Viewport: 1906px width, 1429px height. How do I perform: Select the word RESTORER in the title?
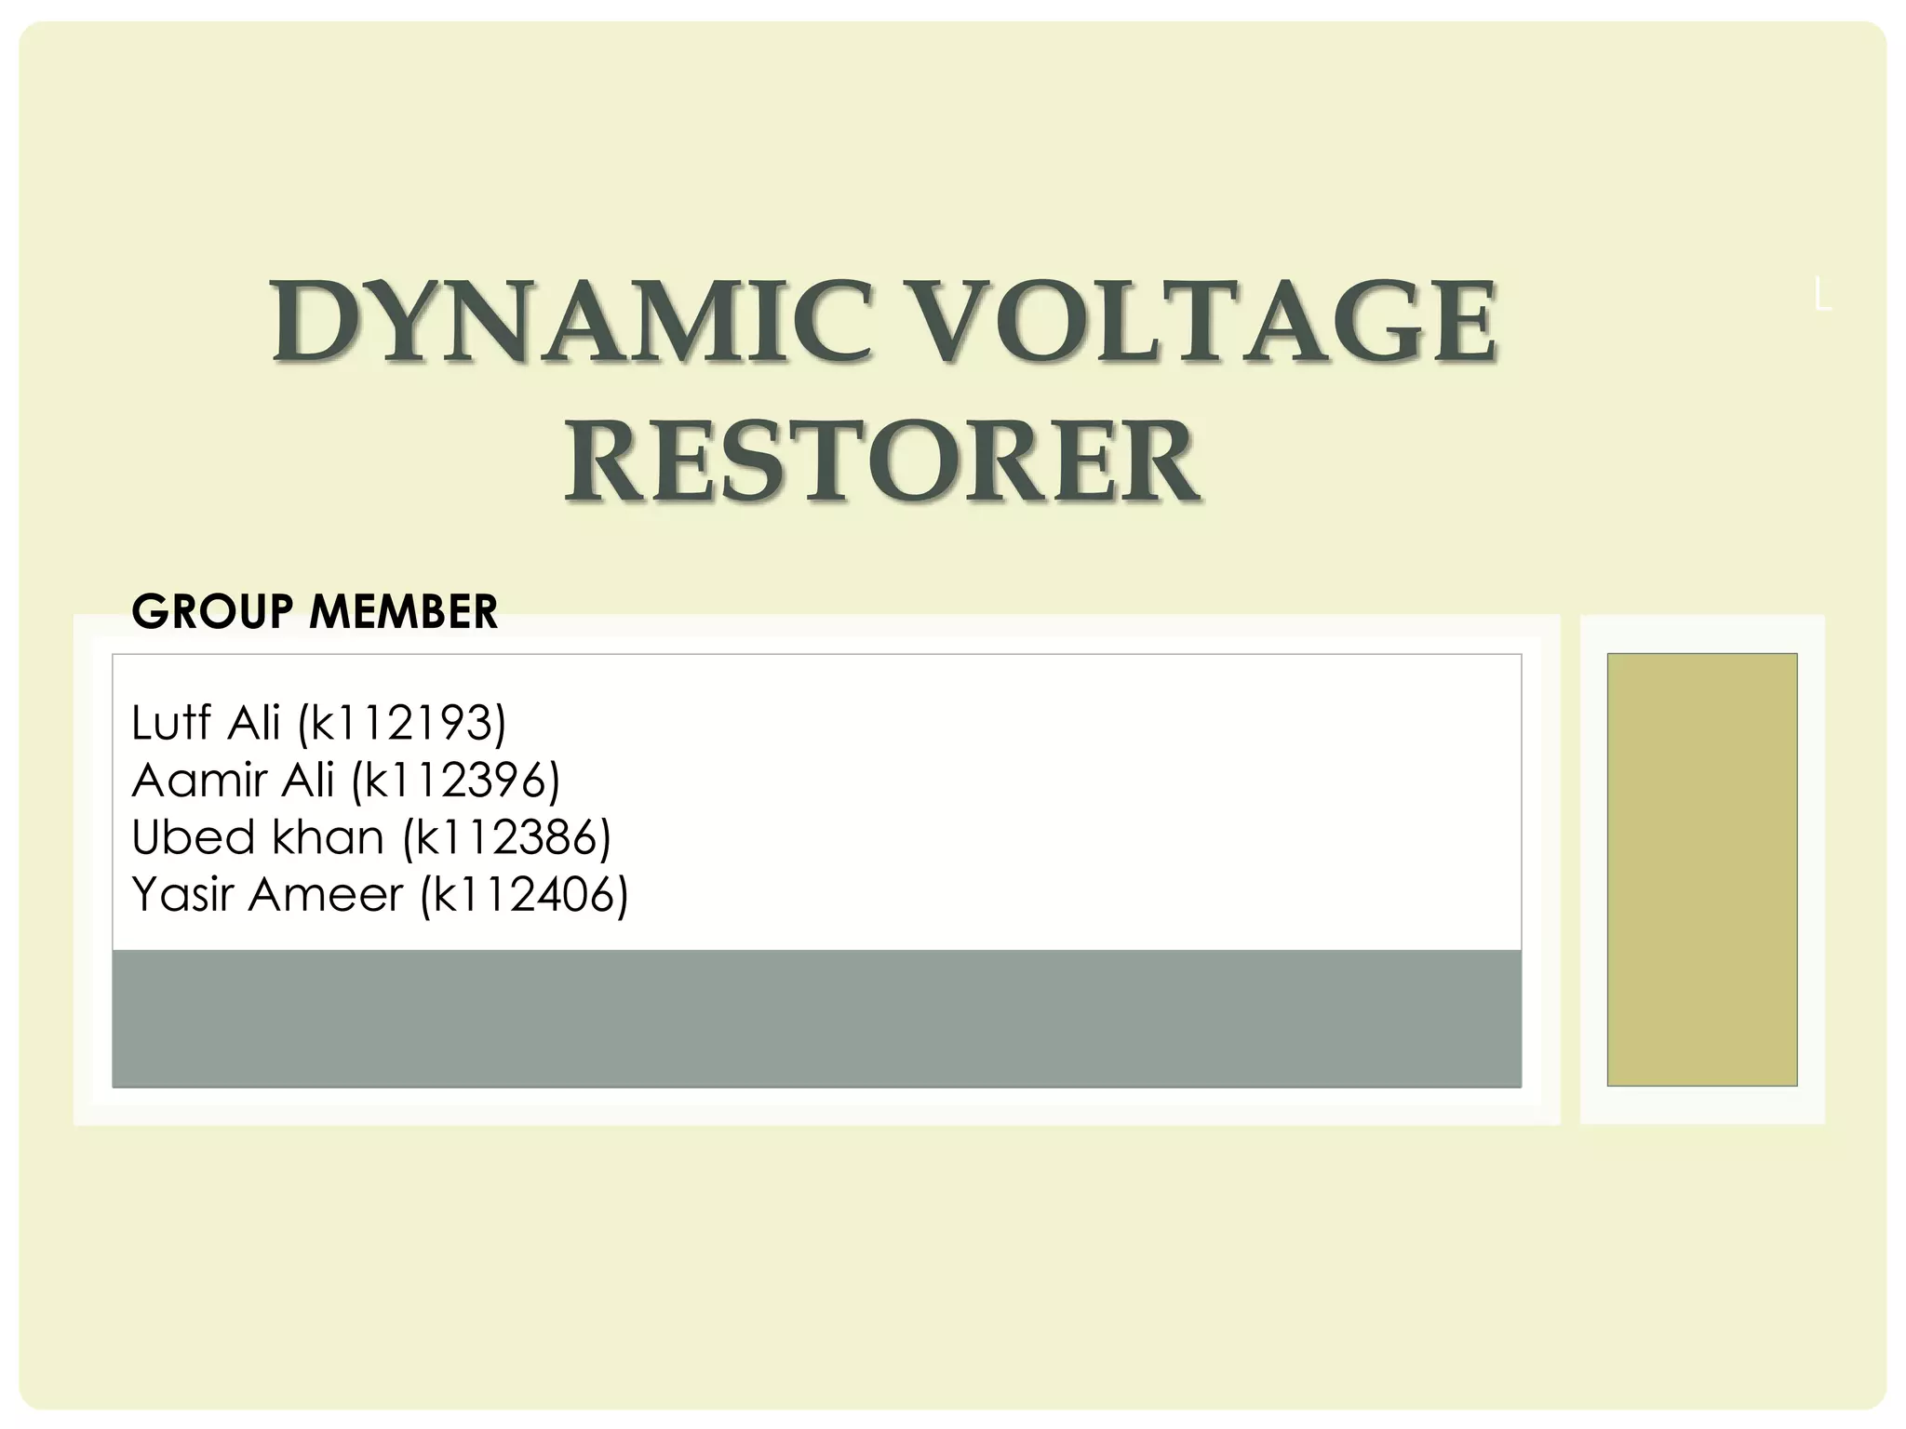882,462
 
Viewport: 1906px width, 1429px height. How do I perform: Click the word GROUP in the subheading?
213,612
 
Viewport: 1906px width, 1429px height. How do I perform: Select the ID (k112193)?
402,724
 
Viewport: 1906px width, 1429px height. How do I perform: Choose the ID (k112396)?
456,781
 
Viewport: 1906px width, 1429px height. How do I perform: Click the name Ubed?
193,837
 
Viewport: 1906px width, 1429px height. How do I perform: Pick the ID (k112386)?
507,839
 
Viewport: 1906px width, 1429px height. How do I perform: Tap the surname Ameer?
326,895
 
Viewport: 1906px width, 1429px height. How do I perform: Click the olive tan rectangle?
1701,869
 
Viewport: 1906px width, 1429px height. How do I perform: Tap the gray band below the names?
816,1018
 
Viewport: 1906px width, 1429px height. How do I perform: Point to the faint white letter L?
1822,298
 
